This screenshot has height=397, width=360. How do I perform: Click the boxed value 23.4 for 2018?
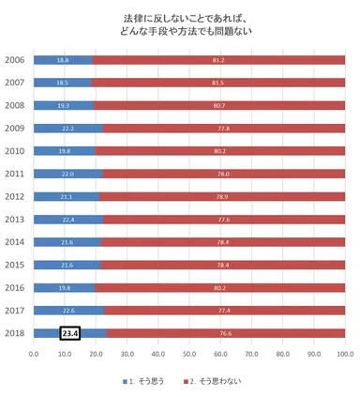pyautogui.click(x=70, y=332)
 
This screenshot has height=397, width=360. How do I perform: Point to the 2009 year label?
pyautogui.click(x=14, y=128)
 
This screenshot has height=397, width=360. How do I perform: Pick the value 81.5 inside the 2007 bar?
pyautogui.click(x=217, y=83)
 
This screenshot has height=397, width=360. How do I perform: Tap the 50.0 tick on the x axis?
pyautogui.click(x=189, y=354)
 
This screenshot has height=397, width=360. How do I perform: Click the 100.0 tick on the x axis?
pyautogui.click(x=344, y=354)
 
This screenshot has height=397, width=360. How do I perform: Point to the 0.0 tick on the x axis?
pyautogui.click(x=34, y=354)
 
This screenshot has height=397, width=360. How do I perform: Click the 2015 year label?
pyautogui.click(x=14, y=265)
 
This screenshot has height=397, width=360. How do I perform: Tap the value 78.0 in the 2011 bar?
pyautogui.click(x=224, y=174)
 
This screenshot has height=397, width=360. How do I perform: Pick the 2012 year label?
pyautogui.click(x=14, y=196)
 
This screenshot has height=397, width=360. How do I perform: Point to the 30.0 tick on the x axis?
pyautogui.click(x=127, y=354)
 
